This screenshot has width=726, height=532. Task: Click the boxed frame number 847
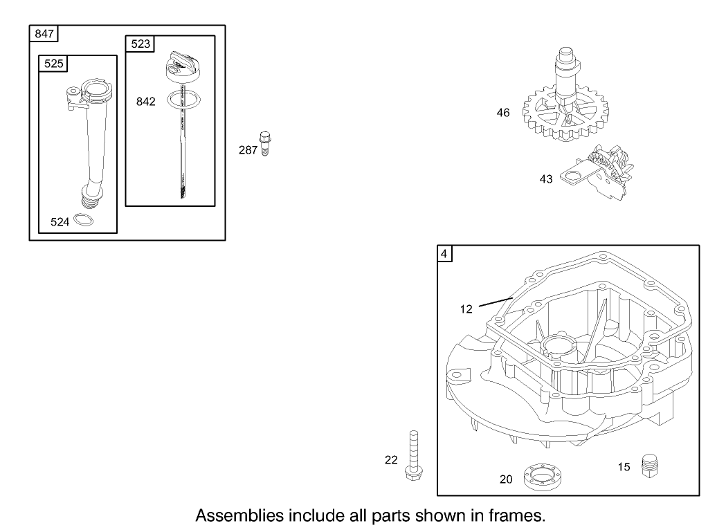pyautogui.click(x=41, y=33)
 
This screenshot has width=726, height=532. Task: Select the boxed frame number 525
pyautogui.click(x=52, y=63)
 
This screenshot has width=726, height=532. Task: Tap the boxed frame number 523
pyautogui.click(x=140, y=44)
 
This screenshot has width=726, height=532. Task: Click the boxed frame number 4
pyautogui.click(x=445, y=253)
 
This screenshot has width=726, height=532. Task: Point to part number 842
pyautogui.click(x=146, y=102)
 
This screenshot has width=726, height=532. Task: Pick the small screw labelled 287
pyautogui.click(x=264, y=143)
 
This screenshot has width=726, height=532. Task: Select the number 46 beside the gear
pyautogui.click(x=503, y=112)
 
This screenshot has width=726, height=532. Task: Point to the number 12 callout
pyautogui.click(x=466, y=309)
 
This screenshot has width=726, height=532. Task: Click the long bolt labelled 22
pyautogui.click(x=414, y=457)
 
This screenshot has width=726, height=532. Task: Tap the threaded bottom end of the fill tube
pyautogui.click(x=91, y=200)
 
